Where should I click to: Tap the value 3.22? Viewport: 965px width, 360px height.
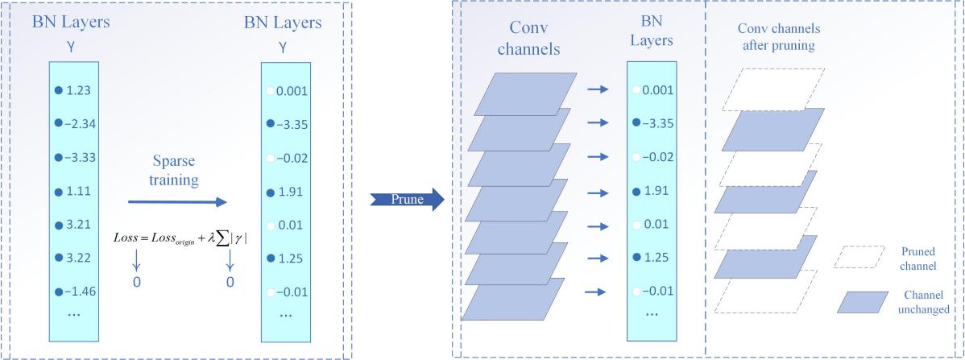(80, 258)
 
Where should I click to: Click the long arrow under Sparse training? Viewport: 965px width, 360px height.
(178, 203)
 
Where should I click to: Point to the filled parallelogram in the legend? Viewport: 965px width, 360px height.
(861, 302)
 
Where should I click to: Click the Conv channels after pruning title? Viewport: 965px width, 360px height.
(776, 37)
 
